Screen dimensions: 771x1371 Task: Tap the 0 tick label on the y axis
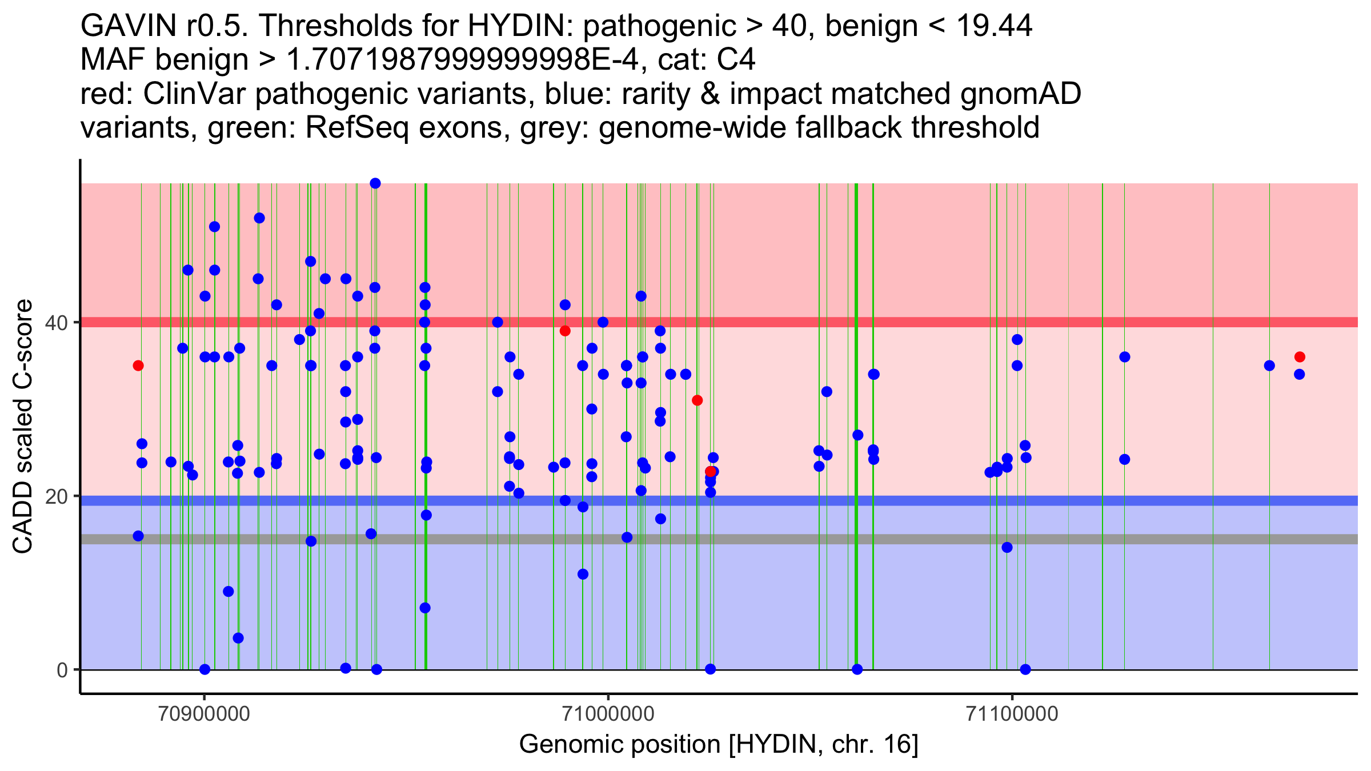coord(62,670)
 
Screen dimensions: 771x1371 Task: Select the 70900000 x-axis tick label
coord(205,714)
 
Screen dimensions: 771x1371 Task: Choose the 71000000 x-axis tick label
coord(608,714)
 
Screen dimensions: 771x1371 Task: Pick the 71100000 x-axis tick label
coord(1012,714)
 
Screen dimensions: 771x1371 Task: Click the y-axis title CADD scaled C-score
coord(23,427)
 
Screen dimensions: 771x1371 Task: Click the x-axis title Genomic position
coord(719,745)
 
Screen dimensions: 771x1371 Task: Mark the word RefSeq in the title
coord(357,128)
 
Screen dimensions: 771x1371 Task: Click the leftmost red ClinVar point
coord(138,366)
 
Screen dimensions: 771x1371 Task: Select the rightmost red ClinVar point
coord(1300,357)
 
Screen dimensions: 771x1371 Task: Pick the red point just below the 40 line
coord(565,331)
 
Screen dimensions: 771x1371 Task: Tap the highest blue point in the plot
coord(375,183)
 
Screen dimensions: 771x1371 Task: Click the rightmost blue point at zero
coord(1025,669)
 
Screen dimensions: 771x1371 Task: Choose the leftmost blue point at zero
coord(205,669)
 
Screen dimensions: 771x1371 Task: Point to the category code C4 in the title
coord(737,60)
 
